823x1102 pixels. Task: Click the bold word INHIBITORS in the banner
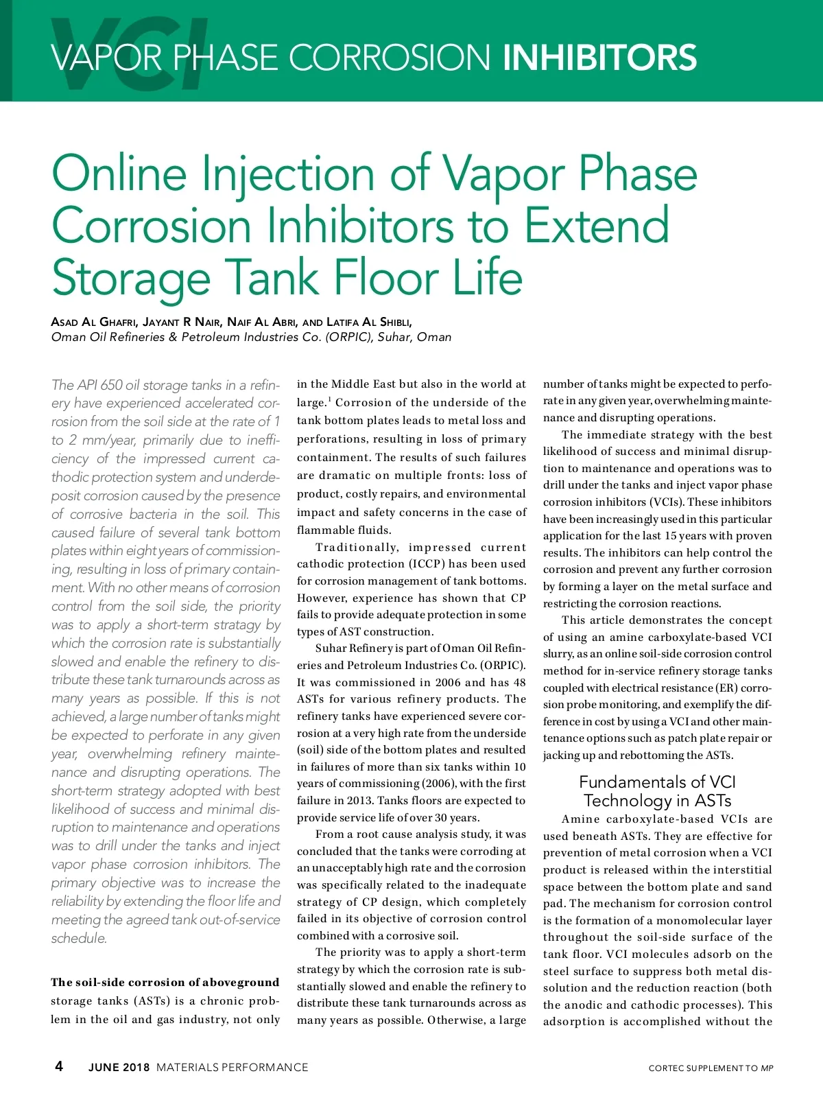(599, 58)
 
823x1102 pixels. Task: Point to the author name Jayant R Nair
(181, 322)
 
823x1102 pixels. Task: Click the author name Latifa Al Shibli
(369, 322)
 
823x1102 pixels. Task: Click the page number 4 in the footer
(59, 1066)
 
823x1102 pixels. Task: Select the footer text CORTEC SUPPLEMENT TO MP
(711, 1068)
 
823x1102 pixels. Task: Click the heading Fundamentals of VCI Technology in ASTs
(657, 791)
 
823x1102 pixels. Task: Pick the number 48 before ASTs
(519, 683)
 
